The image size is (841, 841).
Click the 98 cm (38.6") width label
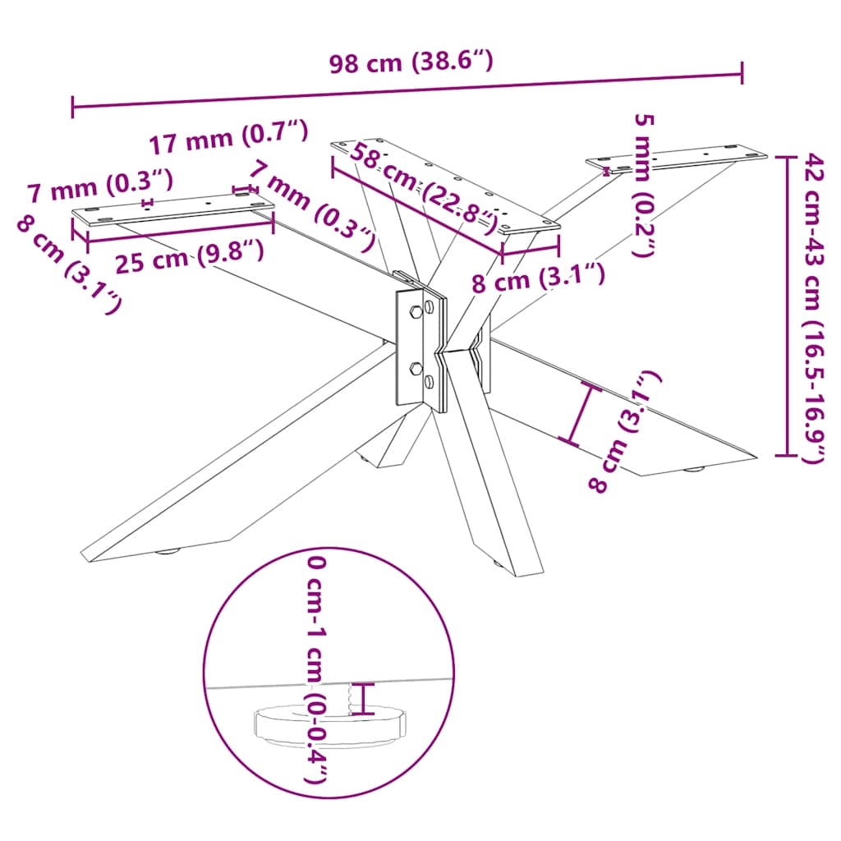410,63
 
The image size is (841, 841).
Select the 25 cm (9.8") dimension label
189,258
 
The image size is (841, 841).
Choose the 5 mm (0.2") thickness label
645,185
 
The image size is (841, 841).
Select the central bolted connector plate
420,346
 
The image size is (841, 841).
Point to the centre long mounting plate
443,186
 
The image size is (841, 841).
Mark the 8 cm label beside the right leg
625,431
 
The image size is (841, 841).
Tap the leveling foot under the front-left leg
169,551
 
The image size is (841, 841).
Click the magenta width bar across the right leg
580,415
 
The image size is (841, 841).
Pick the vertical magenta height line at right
787,305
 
